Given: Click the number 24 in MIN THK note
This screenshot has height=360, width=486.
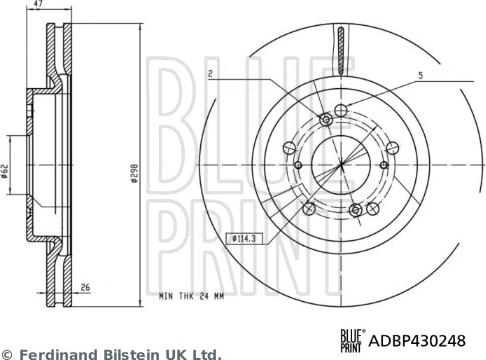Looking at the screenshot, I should (216, 297).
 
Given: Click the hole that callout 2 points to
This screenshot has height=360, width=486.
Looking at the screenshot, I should (325, 120).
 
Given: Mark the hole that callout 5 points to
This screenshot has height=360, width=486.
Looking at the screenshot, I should (342, 109).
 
